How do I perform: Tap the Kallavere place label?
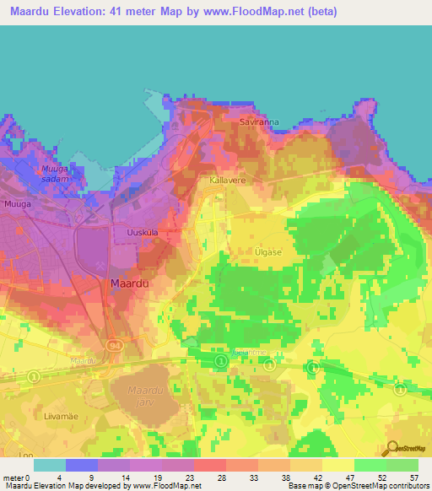point(226,181)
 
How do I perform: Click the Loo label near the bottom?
point(10,451)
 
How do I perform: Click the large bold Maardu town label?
point(130,284)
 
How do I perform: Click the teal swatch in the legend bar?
point(49,465)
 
